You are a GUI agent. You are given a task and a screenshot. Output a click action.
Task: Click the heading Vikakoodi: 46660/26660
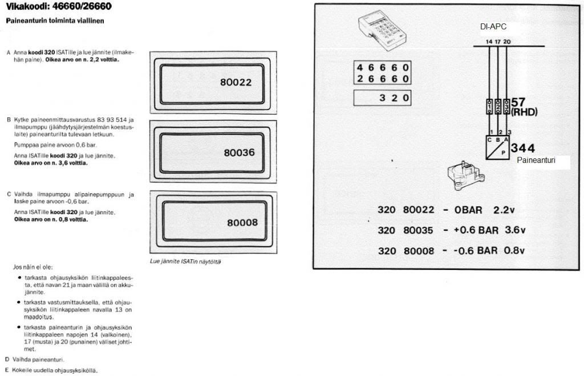pos(59,6)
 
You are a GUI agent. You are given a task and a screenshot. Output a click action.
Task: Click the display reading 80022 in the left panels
pos(236,82)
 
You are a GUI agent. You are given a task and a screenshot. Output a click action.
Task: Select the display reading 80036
pos(239,153)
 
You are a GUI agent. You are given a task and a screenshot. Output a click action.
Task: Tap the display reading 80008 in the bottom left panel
pos(242,223)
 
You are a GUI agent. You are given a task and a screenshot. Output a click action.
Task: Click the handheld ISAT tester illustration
pos(382,31)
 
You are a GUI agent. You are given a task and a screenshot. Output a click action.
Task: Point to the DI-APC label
pos(493,26)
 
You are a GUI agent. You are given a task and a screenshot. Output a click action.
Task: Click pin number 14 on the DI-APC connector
pos(489,42)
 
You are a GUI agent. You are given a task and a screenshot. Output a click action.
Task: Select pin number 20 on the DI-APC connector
pos(507,42)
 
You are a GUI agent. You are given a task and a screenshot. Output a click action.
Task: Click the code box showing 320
pos(382,98)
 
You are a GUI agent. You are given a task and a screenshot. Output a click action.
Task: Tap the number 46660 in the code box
pos(383,68)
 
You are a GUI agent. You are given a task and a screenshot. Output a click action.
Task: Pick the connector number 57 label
pos(518,102)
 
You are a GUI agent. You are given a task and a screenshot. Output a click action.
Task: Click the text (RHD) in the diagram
pos(525,112)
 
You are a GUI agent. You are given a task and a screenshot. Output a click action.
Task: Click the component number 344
pos(523,148)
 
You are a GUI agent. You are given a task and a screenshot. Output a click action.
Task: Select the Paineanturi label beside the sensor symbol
pos(536,160)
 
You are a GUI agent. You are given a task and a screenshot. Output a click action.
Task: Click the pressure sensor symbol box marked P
pos(497,148)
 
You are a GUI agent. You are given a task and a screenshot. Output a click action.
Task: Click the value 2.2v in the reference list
pos(504,210)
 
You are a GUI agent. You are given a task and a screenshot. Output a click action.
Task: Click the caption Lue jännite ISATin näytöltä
pos(185,261)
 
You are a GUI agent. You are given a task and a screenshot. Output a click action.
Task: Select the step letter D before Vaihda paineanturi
pos(7,359)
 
